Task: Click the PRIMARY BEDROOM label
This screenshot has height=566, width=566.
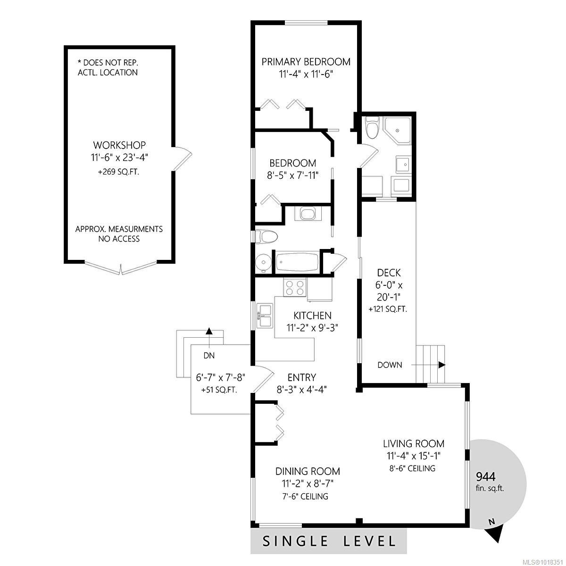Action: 306,62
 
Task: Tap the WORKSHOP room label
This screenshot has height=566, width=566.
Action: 119,145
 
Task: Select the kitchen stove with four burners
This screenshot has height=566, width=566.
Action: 295,287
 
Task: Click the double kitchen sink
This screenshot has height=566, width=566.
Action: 265,316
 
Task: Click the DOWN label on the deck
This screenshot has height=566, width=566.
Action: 390,365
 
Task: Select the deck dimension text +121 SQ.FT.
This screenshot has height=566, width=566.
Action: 387,309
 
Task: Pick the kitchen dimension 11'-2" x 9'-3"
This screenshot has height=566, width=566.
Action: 312,326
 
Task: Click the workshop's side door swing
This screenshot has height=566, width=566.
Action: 183,159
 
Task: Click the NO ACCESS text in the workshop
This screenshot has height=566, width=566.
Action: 119,239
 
